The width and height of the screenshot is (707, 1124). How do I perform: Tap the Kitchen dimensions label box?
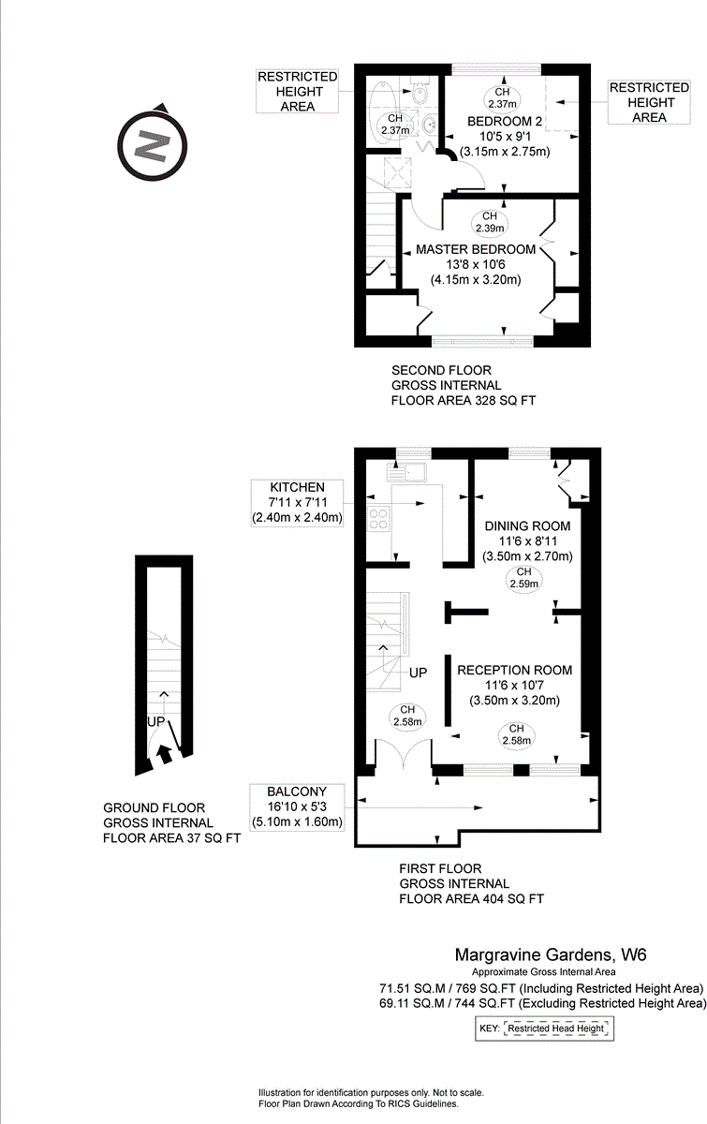pos(297,502)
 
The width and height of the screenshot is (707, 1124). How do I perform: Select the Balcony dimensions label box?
pos(297,806)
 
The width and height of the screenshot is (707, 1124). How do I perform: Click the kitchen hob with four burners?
pos(379,518)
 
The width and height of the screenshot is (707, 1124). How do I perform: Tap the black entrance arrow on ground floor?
pos(165,753)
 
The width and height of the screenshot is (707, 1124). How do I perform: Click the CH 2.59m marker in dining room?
pos(523,578)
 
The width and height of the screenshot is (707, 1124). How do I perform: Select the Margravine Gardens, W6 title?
pos(551,955)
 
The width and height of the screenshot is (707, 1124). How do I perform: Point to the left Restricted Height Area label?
pos(298,91)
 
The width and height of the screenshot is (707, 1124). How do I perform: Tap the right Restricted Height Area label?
pos(648,102)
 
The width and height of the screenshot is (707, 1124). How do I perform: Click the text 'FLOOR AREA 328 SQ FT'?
pos(464,400)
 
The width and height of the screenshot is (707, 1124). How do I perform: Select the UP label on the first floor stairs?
pos(418,673)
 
